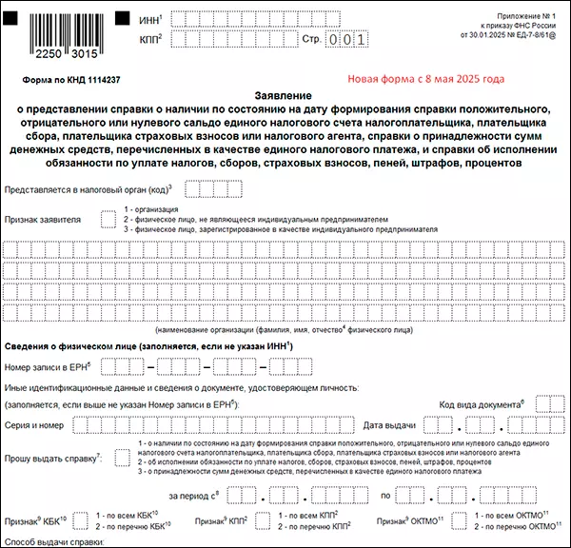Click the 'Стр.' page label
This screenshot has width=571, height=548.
click(309, 40)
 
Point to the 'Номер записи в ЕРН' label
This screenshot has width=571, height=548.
click(46, 366)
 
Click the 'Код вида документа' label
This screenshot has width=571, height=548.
click(482, 405)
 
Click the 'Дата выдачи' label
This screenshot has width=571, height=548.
click(388, 424)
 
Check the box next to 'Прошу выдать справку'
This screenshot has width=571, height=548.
click(123, 457)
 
